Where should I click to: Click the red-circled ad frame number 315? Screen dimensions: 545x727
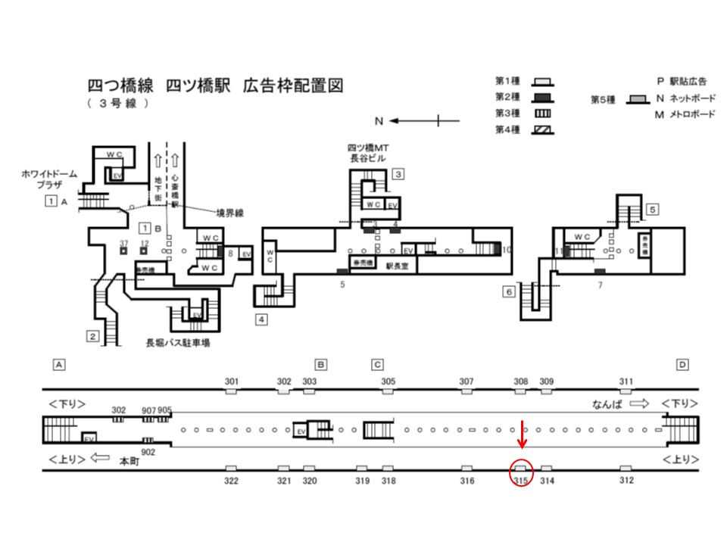(x=521, y=481)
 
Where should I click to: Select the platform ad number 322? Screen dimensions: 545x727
(x=232, y=481)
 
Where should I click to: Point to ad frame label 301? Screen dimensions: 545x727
(x=232, y=381)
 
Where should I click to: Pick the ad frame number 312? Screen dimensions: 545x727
(x=626, y=481)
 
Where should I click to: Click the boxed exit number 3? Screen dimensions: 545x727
(x=398, y=174)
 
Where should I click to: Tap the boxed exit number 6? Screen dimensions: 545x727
(x=509, y=291)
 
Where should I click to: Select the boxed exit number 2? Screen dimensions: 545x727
(x=92, y=337)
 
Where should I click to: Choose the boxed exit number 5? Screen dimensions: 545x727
(x=652, y=209)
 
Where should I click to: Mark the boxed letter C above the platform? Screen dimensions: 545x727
(x=377, y=365)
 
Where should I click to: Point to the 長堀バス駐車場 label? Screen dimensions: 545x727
(x=178, y=343)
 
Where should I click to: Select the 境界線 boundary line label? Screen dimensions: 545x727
(x=227, y=214)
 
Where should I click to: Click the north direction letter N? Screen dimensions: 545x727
(x=381, y=120)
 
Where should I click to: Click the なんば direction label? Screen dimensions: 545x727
(x=607, y=404)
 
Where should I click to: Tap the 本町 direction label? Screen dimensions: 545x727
(x=131, y=459)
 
